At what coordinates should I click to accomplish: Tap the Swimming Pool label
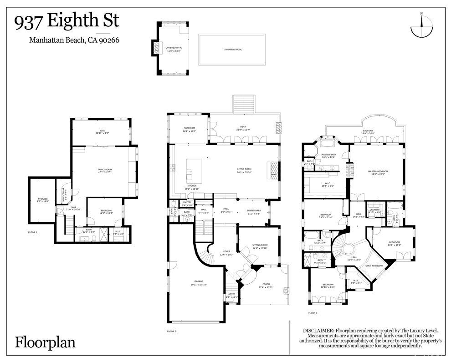[233, 49]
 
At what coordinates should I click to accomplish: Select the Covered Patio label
[173, 49]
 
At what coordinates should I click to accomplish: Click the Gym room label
[102, 132]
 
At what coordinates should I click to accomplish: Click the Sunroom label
[190, 130]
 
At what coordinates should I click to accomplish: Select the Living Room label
[244, 170]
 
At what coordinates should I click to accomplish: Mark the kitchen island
[190, 169]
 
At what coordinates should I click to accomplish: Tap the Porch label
[266, 286]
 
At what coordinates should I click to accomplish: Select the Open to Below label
[373, 266]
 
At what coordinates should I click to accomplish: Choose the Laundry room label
[374, 211]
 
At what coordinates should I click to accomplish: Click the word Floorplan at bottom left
[45, 342]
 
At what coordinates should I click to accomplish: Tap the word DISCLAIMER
[318, 331]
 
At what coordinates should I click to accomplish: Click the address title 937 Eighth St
[67, 21]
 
